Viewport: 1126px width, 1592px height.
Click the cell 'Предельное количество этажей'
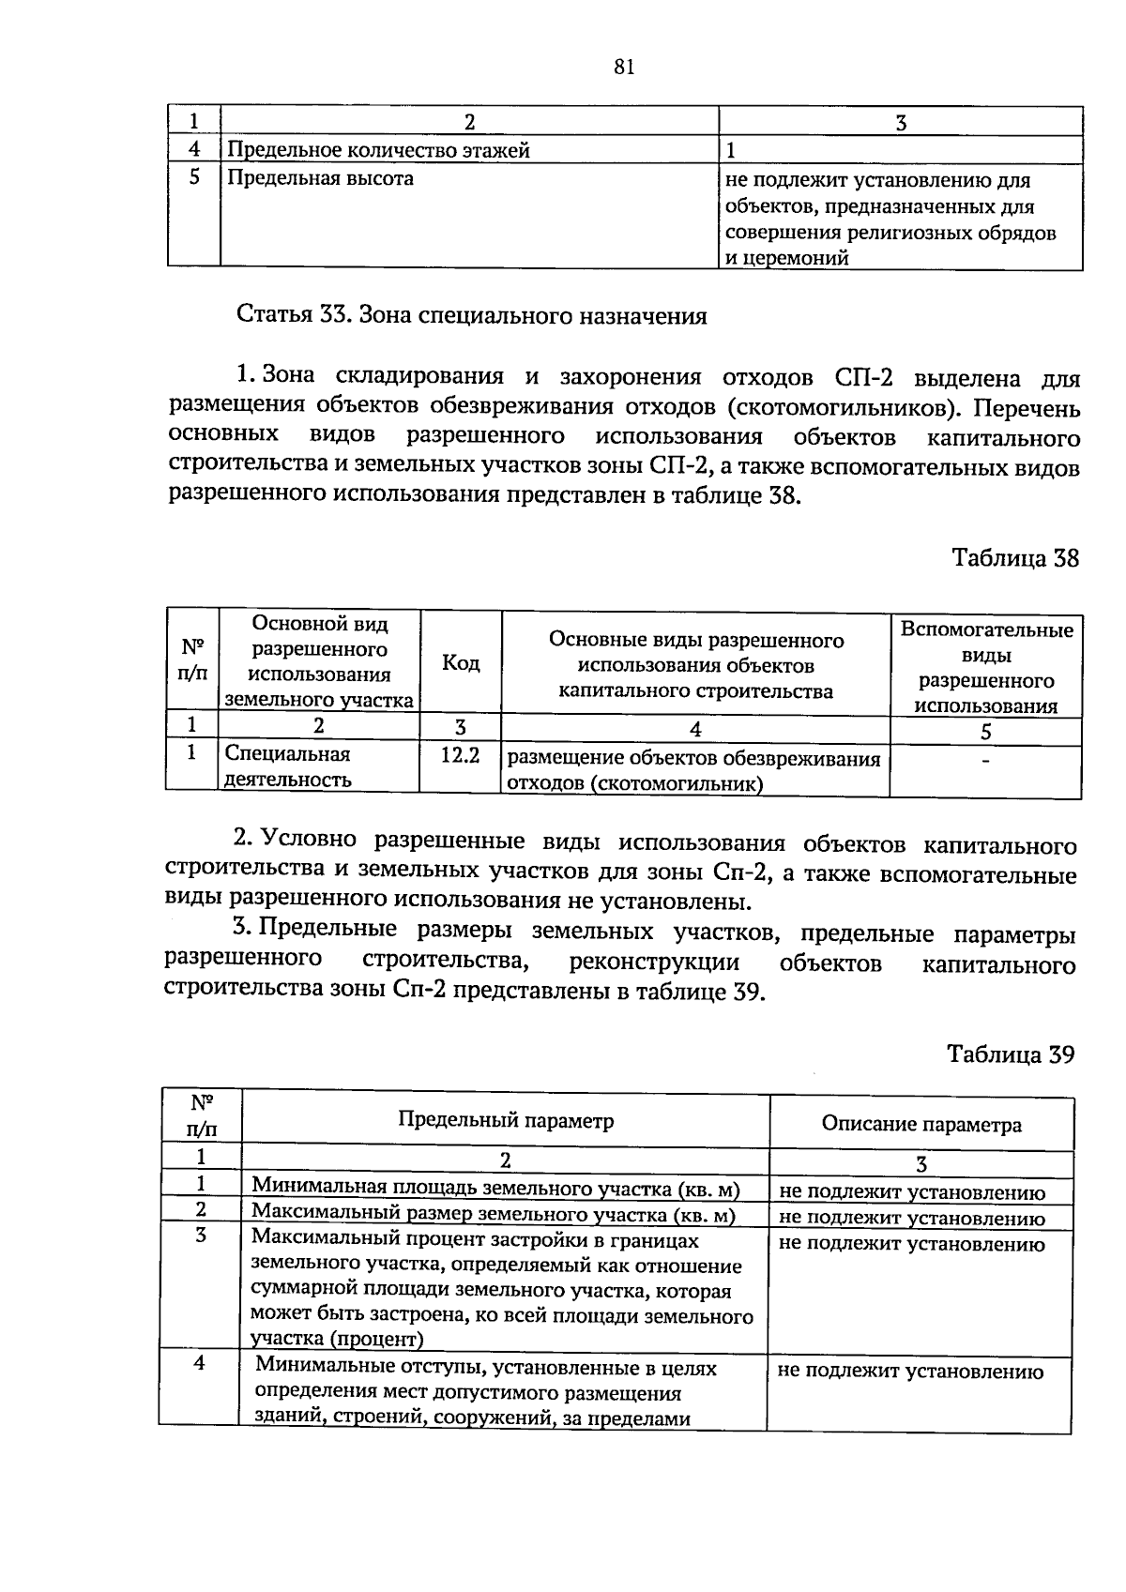pyautogui.click(x=379, y=150)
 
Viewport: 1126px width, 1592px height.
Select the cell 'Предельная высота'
pyautogui.click(x=320, y=178)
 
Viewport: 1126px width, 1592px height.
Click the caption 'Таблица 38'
pyautogui.click(x=1015, y=559)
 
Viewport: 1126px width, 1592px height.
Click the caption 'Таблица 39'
pyautogui.click(x=1010, y=1054)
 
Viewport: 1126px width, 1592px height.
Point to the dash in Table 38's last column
pyautogui.click(x=984, y=761)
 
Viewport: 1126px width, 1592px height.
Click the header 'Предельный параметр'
pyautogui.click(x=506, y=1121)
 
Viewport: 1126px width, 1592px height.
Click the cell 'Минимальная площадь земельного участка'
pyautogui.click(x=495, y=1190)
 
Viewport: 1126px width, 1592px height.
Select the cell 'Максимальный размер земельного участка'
pyautogui.click(x=493, y=1215)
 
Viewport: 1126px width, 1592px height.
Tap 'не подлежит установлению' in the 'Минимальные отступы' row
pyautogui.click(x=911, y=1372)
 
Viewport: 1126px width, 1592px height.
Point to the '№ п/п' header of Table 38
pyautogui.click(x=192, y=660)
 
